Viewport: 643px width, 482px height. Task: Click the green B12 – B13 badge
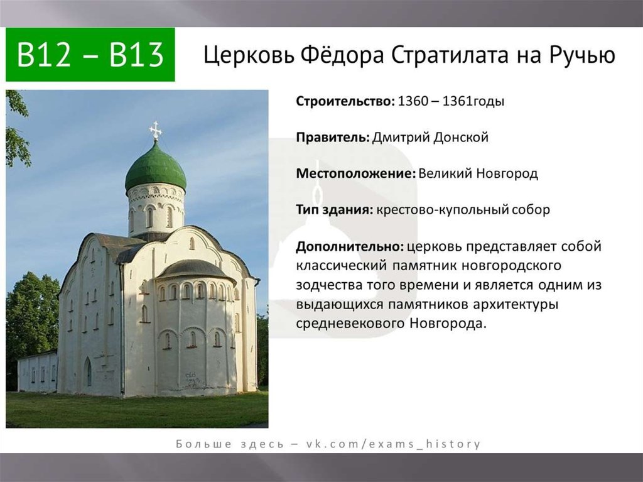(x=90, y=55)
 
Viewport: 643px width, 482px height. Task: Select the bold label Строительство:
(x=345, y=101)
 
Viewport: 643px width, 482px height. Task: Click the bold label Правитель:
(x=333, y=137)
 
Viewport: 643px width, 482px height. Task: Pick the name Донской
(x=461, y=137)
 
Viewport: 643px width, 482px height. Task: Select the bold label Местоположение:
(x=356, y=173)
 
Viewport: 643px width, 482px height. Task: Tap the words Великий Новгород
(x=478, y=173)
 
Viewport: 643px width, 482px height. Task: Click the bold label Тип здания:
(x=335, y=209)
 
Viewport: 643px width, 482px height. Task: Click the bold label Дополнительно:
(x=350, y=246)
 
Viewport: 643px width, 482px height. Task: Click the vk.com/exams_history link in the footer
(x=393, y=444)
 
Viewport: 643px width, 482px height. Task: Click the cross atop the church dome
(x=156, y=131)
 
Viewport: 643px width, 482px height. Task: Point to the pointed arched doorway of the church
(x=88, y=371)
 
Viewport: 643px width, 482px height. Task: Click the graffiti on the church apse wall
(x=192, y=380)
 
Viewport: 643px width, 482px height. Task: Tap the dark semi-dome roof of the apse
(x=196, y=269)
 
